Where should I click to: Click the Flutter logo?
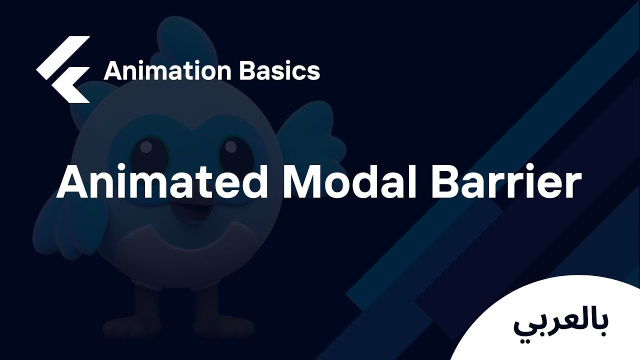click(x=63, y=70)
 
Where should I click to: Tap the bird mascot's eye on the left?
click(x=146, y=148)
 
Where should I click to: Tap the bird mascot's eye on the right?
click(x=230, y=148)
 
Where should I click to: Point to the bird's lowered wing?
click(x=70, y=220)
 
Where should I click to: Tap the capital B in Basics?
click(x=248, y=71)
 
